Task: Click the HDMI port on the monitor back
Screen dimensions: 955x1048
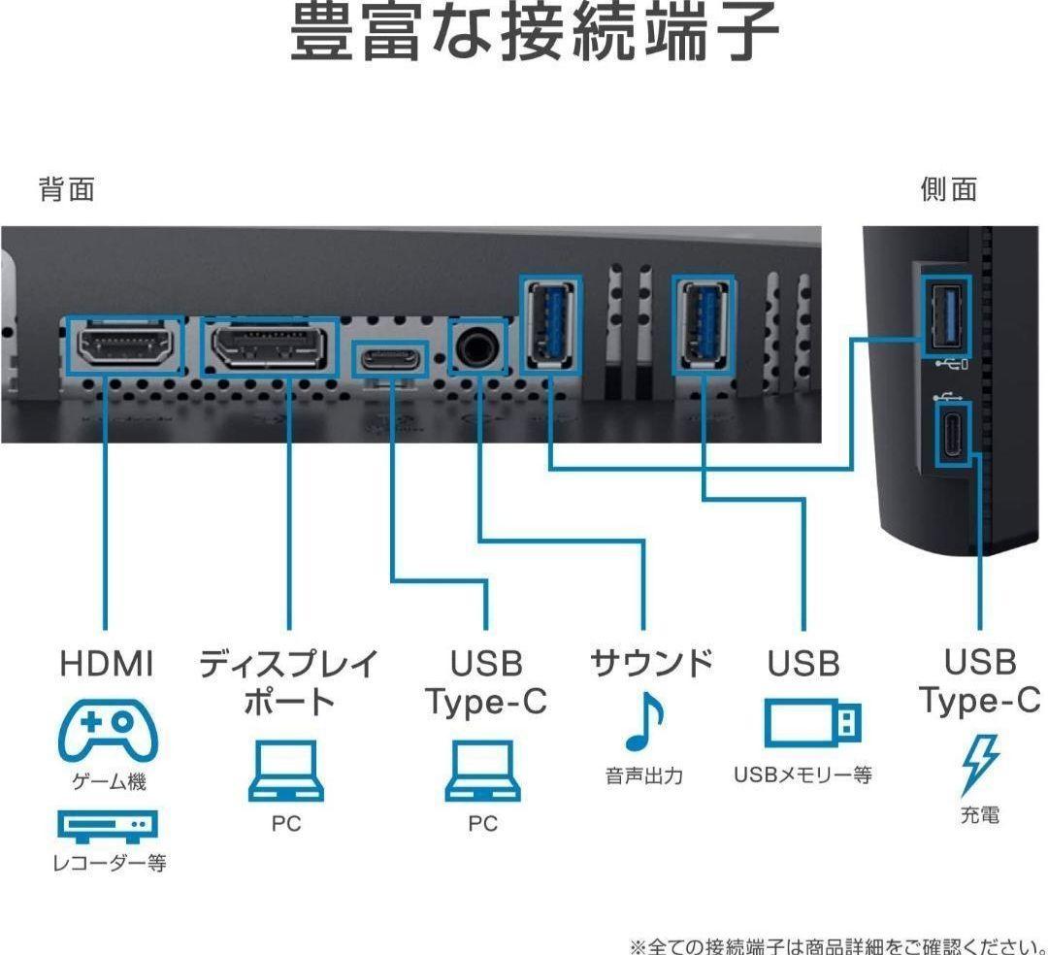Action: [x=124, y=346]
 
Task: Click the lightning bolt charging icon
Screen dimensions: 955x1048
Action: [x=979, y=764]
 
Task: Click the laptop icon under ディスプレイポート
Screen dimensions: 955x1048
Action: [x=286, y=771]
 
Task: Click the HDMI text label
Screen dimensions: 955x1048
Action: [x=107, y=664]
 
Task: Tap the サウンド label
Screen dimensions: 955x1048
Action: [x=651, y=664]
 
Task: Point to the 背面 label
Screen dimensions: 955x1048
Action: [x=67, y=190]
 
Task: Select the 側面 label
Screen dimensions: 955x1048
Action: [x=948, y=190]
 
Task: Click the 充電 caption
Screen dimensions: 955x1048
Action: [x=980, y=815]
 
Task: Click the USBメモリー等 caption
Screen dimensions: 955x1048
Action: [x=802, y=775]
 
